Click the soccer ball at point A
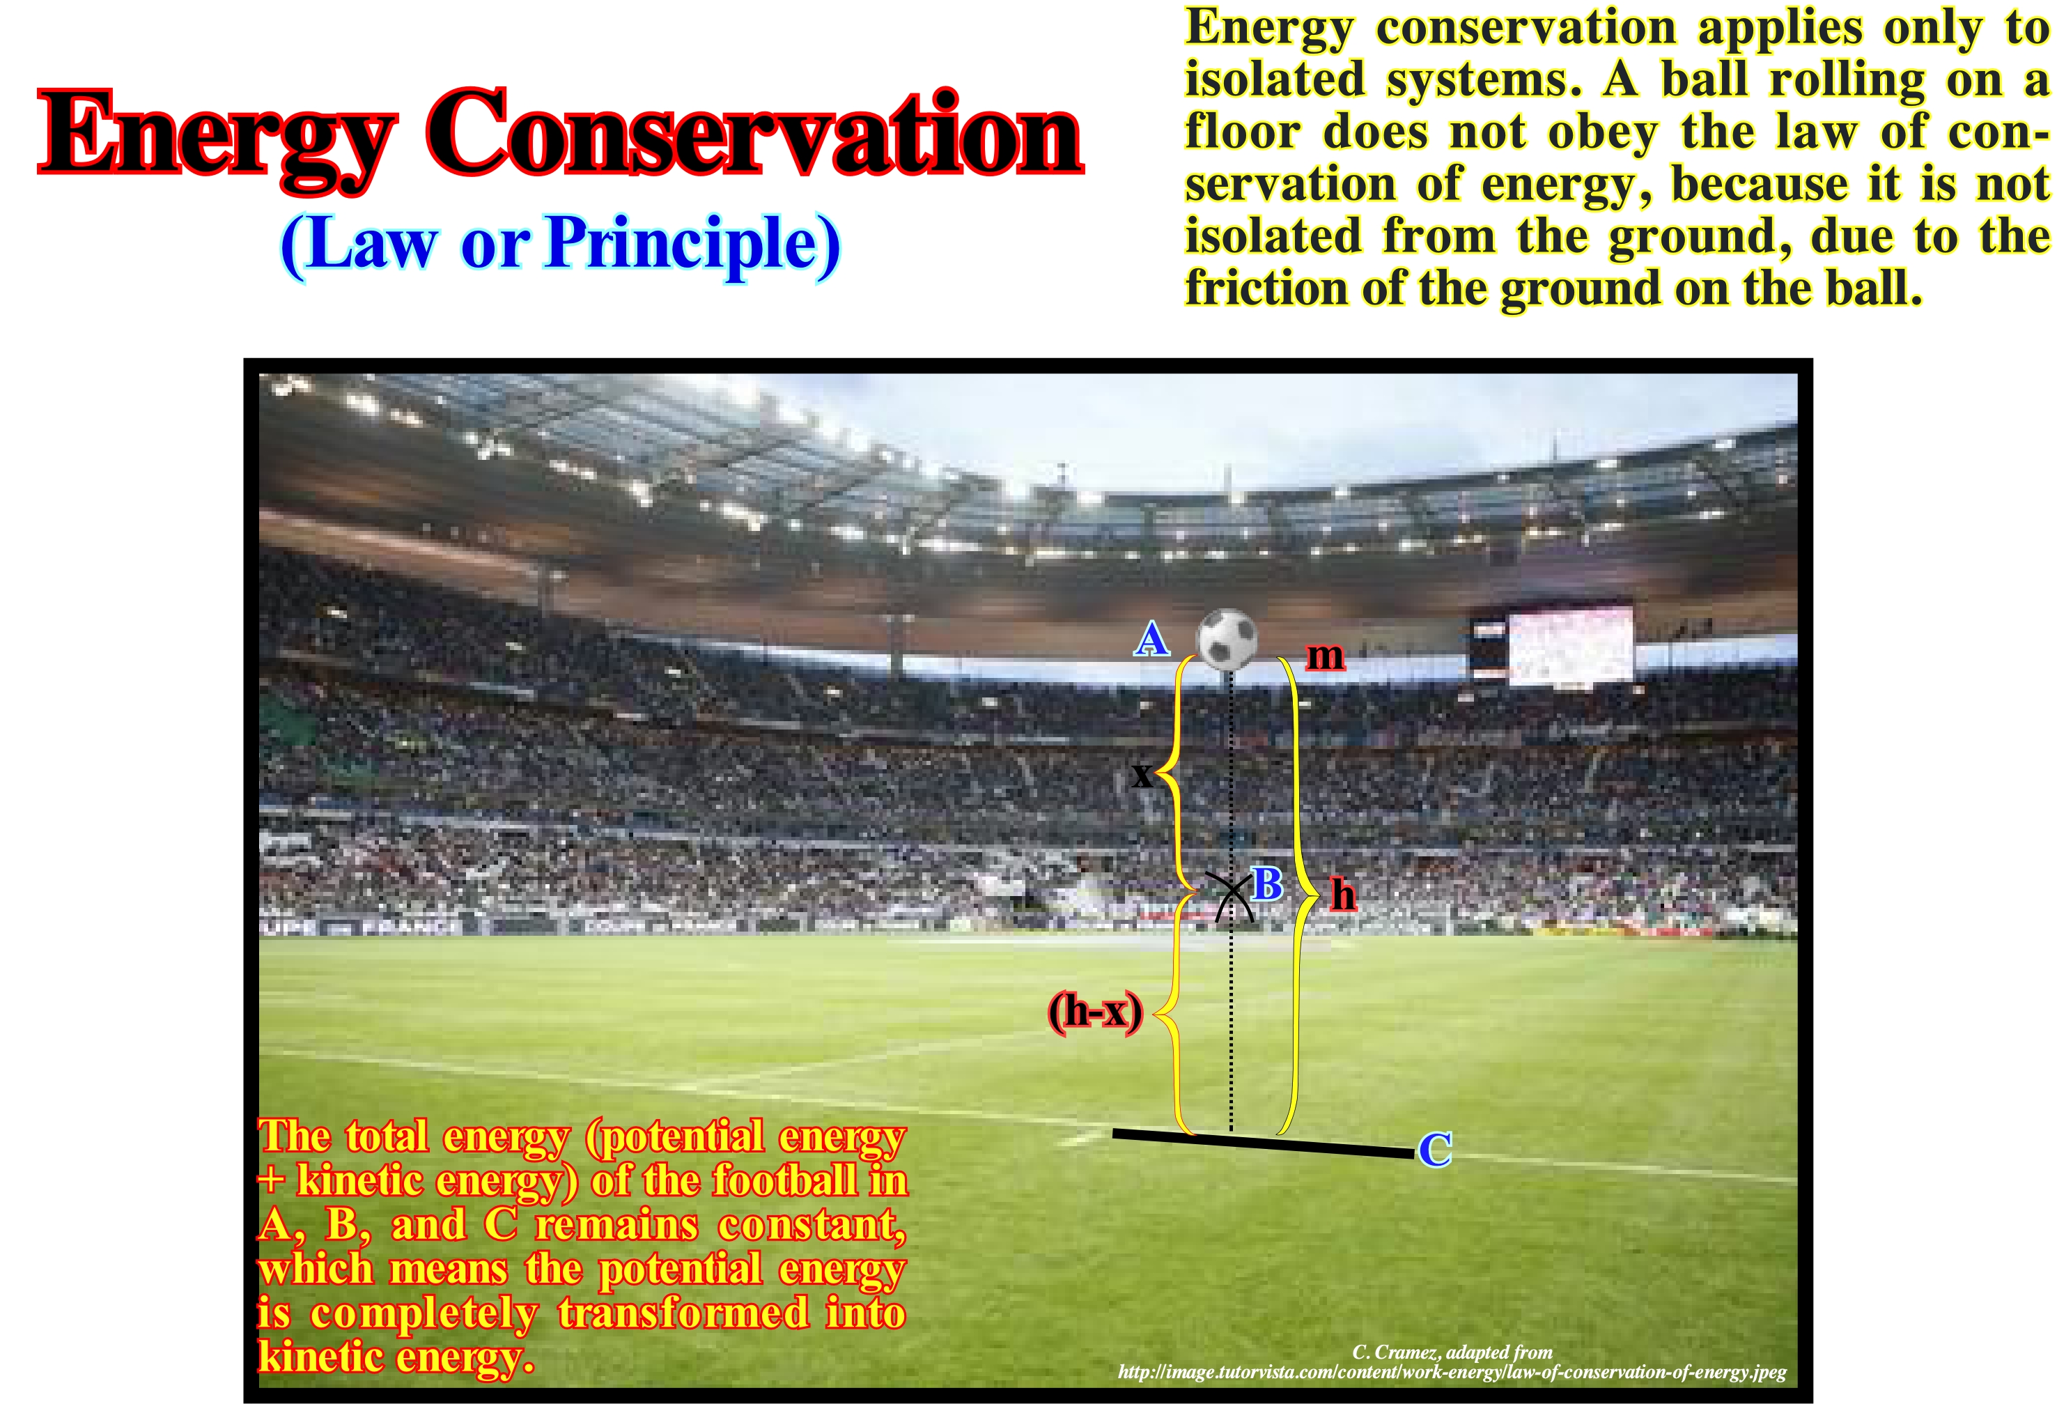pyautogui.click(x=1227, y=638)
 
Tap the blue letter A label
pyautogui.click(x=1151, y=638)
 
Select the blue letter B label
pyautogui.click(x=1268, y=884)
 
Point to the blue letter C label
pyautogui.click(x=1435, y=1149)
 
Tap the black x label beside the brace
pyautogui.click(x=1142, y=775)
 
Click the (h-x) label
pyautogui.click(x=1096, y=1011)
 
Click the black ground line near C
pyautogui.click(x=1264, y=1143)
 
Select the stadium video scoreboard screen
pyautogui.click(x=1571, y=645)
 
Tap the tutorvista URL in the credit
pyautogui.click(x=1452, y=1373)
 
